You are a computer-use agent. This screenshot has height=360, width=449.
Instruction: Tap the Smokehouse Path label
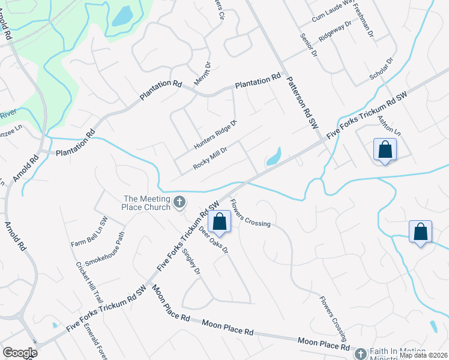click(x=105, y=257)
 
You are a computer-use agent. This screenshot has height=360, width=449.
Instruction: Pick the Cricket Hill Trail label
click(x=82, y=285)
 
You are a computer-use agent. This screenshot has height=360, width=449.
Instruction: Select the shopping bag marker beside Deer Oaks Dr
click(x=220, y=221)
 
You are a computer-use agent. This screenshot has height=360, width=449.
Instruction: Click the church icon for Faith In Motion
click(x=360, y=354)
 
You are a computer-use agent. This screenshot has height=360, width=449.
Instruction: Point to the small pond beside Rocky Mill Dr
click(x=274, y=157)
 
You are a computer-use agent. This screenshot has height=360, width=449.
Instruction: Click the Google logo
click(x=20, y=353)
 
